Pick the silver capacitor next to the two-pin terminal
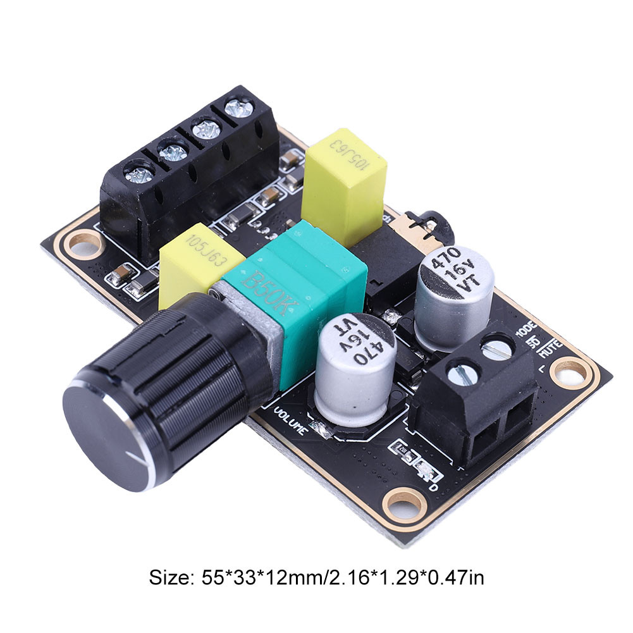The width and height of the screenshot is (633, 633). point(453,295)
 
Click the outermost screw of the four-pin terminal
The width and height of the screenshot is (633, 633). point(138,175)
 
